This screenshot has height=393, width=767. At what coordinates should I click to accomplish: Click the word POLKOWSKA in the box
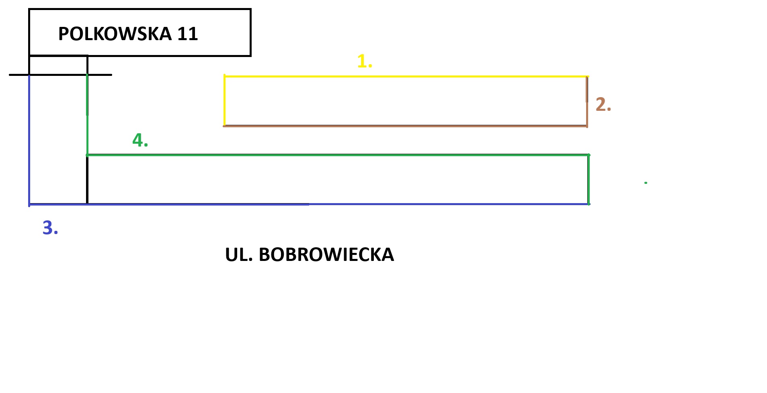[x=115, y=34]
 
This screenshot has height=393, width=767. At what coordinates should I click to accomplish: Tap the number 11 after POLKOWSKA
[x=188, y=34]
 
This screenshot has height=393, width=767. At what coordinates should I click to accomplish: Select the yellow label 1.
[x=364, y=61]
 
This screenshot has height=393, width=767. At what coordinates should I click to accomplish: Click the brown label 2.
[x=603, y=104]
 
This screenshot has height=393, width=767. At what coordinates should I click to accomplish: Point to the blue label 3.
[x=50, y=228]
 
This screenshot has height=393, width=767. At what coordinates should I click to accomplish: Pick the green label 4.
[x=140, y=140]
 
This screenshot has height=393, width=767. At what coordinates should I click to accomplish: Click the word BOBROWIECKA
[x=326, y=255]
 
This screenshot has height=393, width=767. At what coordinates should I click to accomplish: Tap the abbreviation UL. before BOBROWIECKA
[x=239, y=255]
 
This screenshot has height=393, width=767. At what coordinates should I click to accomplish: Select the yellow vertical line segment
[x=224, y=100]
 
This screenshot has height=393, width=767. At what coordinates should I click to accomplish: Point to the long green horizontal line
[x=338, y=155]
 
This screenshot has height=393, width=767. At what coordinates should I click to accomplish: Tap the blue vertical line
[x=29, y=141]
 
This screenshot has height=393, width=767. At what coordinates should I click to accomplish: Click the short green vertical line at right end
[x=589, y=179]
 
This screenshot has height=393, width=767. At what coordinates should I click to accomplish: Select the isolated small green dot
[x=646, y=183]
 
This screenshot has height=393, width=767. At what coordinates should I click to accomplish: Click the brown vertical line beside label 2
[x=587, y=114]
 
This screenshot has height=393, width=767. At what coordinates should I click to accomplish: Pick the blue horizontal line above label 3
[x=442, y=204]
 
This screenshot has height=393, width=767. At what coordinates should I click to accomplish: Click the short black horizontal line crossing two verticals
[x=60, y=75]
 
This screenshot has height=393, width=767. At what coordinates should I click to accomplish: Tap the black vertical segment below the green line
[x=87, y=180]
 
